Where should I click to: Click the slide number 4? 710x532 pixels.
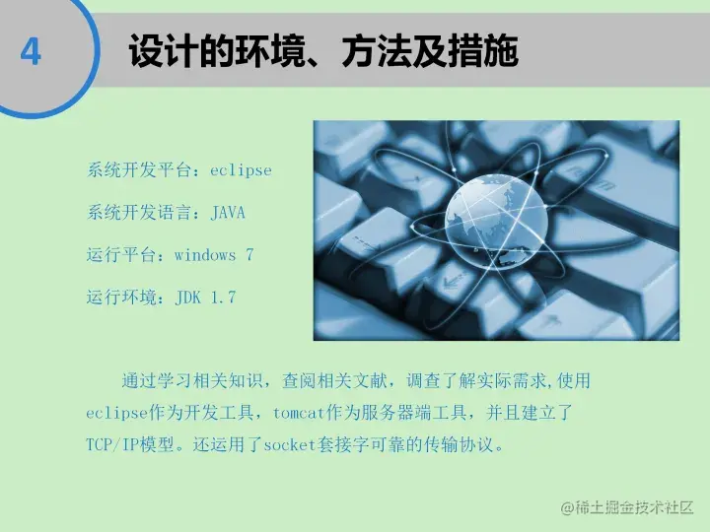tap(31, 51)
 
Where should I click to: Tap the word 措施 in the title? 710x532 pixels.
tap(491, 52)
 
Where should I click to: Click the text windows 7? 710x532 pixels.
tap(214, 255)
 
